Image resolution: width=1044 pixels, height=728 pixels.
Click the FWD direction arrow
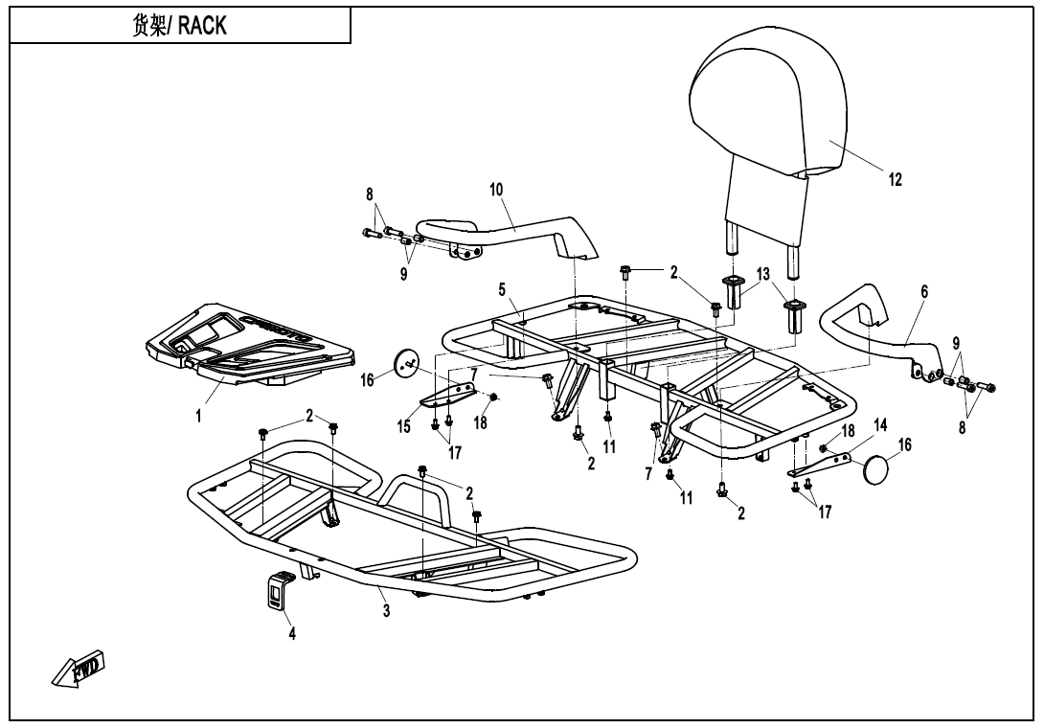(x=79, y=668)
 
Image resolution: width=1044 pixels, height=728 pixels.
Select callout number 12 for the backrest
(x=896, y=179)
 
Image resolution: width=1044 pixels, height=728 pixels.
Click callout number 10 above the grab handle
(x=496, y=190)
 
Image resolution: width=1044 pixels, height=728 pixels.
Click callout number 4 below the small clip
(x=293, y=634)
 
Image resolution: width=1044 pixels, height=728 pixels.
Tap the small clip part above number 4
(x=277, y=589)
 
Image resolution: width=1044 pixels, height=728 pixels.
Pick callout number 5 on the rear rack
(x=501, y=288)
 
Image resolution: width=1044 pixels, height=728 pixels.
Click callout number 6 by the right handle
(x=923, y=290)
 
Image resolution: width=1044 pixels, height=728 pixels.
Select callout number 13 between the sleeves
(x=762, y=275)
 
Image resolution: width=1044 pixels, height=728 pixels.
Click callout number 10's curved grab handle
(x=517, y=230)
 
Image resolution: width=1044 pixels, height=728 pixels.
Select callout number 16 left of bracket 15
(x=368, y=381)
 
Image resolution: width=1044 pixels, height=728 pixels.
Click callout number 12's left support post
(x=734, y=235)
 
